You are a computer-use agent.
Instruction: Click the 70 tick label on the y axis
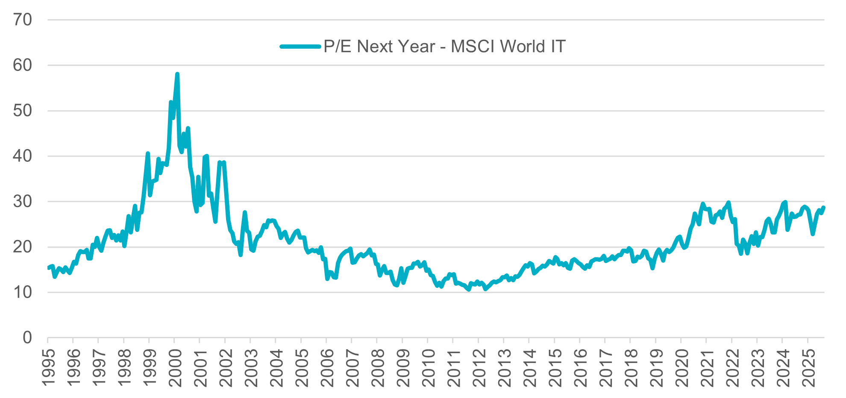pos(22,20)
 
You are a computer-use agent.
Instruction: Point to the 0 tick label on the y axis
pos(27,338)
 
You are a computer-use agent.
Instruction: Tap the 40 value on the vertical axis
pos(22,156)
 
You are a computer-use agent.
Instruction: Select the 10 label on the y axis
pos(22,293)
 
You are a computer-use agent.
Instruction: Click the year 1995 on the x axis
pos(49,368)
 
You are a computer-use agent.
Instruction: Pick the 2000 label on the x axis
pos(175,368)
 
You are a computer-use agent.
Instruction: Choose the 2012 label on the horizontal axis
pos(479,368)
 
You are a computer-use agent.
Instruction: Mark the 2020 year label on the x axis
pos(681,368)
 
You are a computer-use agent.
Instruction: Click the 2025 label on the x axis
pos(808,368)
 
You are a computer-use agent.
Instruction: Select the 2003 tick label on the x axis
pos(251,368)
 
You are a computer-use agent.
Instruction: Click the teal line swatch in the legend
pos(300,47)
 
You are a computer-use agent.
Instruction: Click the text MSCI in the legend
pos(473,47)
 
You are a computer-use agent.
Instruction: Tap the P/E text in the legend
pos(338,47)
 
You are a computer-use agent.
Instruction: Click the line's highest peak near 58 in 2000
pos(177,74)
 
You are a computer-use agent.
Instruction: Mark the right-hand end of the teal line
pos(823,208)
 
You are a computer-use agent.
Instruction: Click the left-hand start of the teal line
pos(48,268)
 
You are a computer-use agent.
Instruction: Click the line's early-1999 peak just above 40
pos(148,153)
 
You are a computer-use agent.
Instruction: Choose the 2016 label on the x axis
pos(580,368)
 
